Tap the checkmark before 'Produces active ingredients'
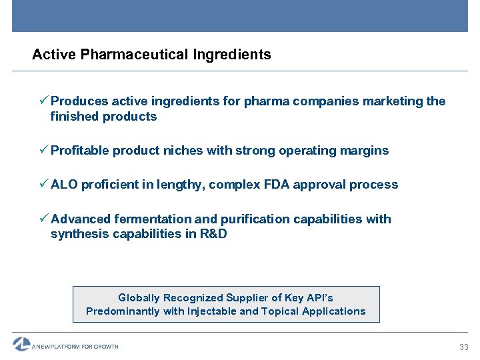[x=43, y=101]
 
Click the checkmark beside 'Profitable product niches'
[x=43, y=150]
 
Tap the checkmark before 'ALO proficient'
[x=43, y=184]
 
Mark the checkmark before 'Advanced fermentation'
[x=43, y=218]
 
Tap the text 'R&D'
[x=213, y=234]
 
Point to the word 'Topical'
[x=281, y=311]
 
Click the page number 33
[x=464, y=347]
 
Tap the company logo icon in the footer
[x=21, y=344]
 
